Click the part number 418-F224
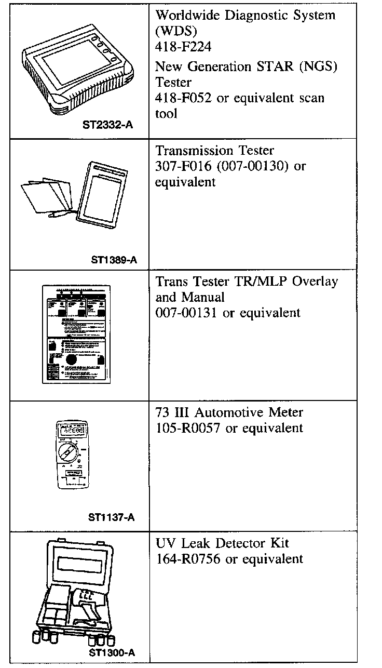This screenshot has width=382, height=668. pyautogui.click(x=183, y=47)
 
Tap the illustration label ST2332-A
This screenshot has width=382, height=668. pyautogui.click(x=107, y=125)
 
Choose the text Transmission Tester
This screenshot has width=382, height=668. pyautogui.click(x=215, y=151)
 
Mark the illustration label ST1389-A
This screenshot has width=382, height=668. pyautogui.click(x=114, y=259)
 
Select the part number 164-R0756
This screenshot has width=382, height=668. pyautogui.click(x=188, y=559)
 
